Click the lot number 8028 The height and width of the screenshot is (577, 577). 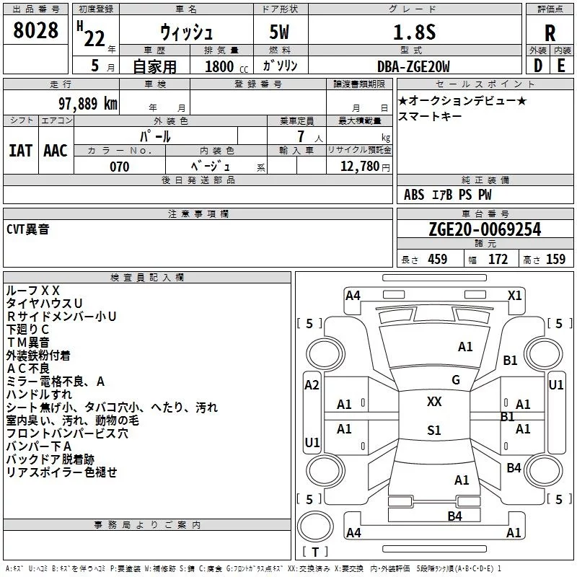35,30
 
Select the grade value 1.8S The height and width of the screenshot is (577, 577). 414,32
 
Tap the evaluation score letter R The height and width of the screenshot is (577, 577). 550,33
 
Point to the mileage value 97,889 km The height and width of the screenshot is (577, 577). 88,104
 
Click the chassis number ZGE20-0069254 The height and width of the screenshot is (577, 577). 485,229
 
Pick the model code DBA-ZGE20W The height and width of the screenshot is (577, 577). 413,66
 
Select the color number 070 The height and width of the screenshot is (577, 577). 120,167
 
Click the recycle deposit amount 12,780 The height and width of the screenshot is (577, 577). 359,166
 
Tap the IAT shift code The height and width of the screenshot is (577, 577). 21,151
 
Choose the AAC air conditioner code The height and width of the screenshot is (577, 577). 56,151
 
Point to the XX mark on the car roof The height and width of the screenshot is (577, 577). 434,402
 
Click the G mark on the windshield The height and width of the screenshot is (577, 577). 456,380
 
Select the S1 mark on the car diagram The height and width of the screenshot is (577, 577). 434,430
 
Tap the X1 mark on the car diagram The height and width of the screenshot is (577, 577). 515,296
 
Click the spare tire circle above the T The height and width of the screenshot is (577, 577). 315,527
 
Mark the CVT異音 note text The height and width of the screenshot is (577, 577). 28,229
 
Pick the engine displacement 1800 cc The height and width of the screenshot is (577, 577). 226,66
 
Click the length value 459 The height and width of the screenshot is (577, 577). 438,259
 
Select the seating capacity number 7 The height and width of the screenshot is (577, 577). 301,136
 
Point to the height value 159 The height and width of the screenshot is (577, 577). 555,259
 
